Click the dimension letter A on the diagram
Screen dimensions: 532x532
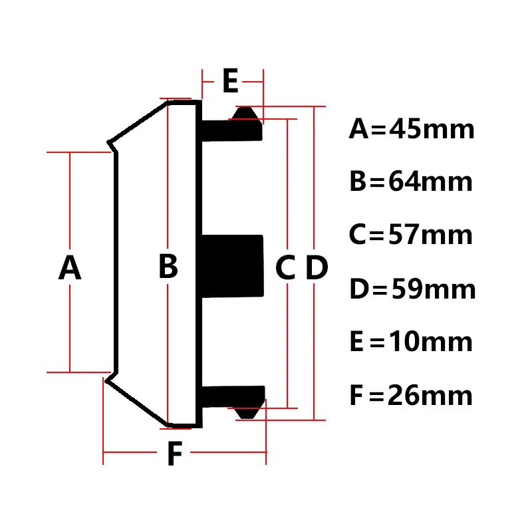point(70,269)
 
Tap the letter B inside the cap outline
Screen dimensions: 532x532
point(168,267)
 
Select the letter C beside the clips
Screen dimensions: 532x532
point(285,269)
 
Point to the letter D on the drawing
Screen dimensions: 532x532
point(317,269)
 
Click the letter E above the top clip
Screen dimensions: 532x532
point(229,82)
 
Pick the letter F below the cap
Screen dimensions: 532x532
point(174,455)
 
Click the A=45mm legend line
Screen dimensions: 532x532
point(412,129)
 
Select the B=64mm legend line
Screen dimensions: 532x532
point(411,182)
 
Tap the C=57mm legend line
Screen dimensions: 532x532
point(411,235)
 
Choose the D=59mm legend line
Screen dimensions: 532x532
point(412,290)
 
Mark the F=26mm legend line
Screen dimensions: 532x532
point(411,396)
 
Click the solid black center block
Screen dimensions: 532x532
point(230,266)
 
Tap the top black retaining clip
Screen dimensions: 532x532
point(233,126)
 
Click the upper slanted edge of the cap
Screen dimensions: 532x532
point(138,121)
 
